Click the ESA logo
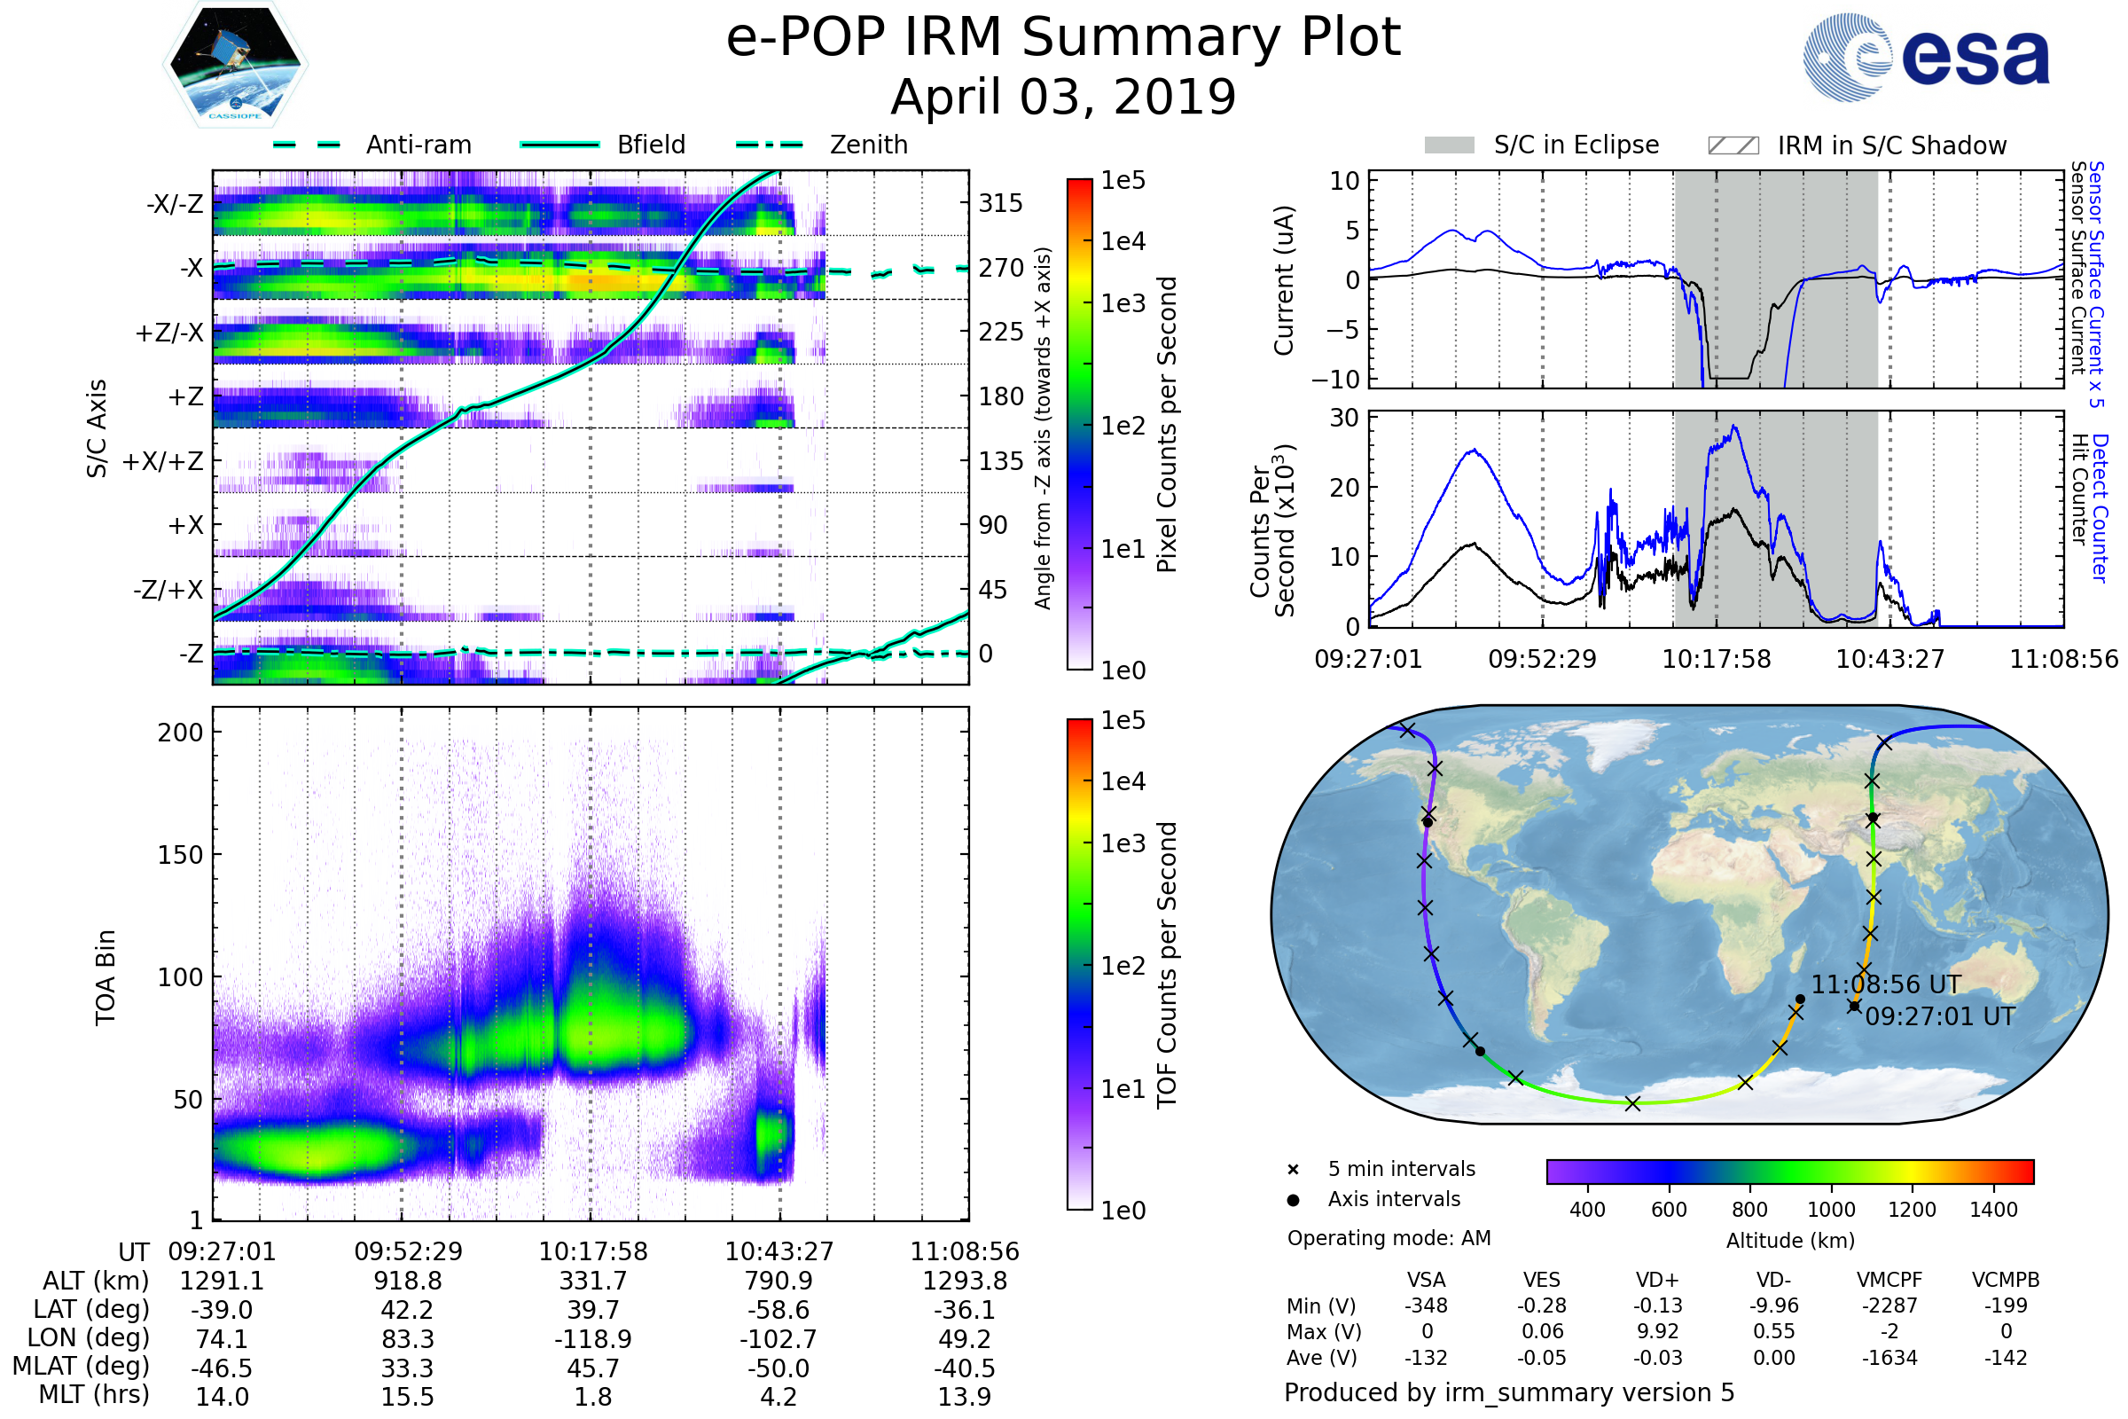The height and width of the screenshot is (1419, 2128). tap(1927, 56)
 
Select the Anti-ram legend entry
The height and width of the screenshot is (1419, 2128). tap(418, 145)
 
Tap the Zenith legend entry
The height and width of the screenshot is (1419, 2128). tap(868, 145)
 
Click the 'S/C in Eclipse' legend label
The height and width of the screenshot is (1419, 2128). tap(1576, 145)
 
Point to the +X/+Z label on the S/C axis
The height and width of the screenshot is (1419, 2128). tap(163, 461)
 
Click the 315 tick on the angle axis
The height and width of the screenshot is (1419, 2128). tap(1000, 203)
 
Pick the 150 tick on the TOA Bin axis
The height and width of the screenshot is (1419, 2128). tap(180, 855)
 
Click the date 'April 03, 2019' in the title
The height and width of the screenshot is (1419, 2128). tap(1063, 97)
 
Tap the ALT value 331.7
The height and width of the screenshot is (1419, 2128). tap(593, 1281)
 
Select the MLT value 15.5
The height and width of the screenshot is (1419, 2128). tap(408, 1396)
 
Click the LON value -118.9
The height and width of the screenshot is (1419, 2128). tap(593, 1338)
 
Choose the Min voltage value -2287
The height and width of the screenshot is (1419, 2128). tap(1889, 1305)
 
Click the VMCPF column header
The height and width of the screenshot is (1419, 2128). tap(1889, 1280)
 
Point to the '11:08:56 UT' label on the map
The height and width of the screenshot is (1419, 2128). tap(1887, 984)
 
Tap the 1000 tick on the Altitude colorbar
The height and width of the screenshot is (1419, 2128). tap(1831, 1210)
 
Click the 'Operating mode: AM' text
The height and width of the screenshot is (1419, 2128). tap(1389, 1238)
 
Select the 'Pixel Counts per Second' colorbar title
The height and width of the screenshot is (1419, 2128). tap(1167, 424)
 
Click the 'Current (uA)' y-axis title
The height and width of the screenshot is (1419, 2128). tap(1284, 280)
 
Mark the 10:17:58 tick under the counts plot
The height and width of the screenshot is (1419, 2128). tap(1717, 659)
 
